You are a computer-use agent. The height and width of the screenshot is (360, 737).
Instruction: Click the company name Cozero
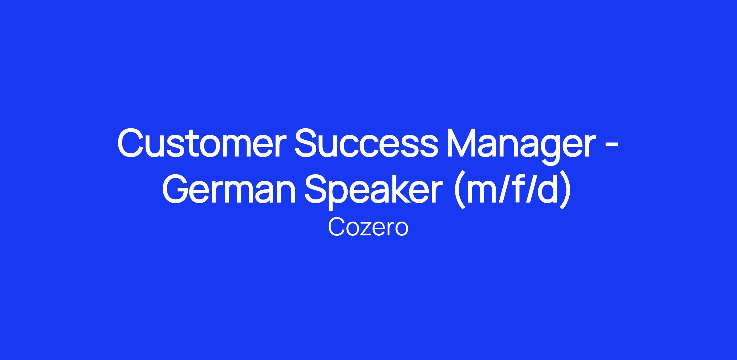pyautogui.click(x=368, y=227)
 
